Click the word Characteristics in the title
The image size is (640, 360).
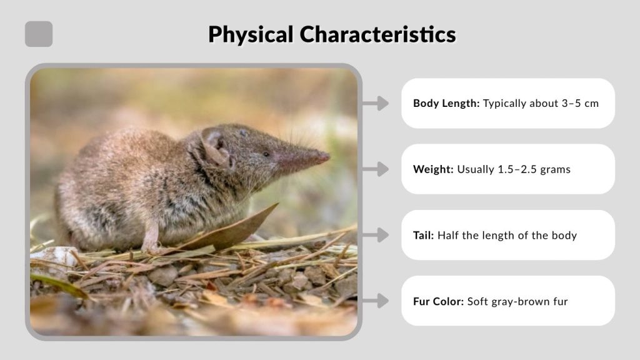378,34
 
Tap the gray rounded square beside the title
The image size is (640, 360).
39,34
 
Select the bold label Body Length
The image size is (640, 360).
446,103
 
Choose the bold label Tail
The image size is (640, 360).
423,236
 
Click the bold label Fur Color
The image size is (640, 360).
438,302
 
